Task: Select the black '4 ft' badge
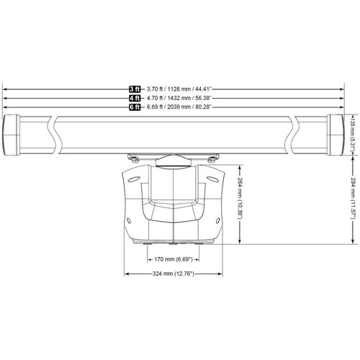click(135, 98)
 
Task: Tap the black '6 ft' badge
click(135, 107)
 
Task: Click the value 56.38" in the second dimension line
click(199, 98)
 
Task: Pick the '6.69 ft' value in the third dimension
click(152, 107)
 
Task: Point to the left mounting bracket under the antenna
click(135, 156)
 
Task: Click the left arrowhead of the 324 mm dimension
click(127, 273)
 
